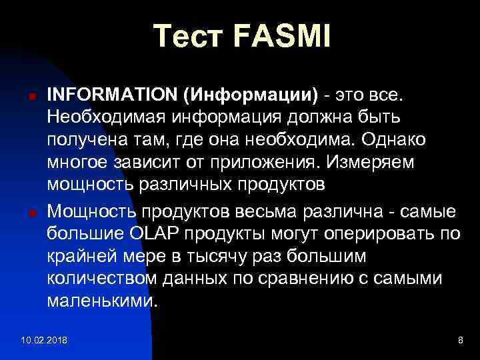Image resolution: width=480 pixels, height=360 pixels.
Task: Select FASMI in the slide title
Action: point(282,36)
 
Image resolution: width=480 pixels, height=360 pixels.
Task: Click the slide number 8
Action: point(460,341)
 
